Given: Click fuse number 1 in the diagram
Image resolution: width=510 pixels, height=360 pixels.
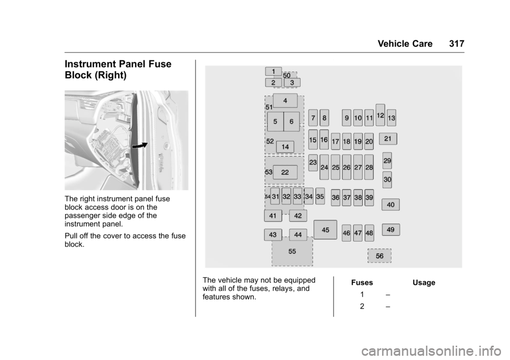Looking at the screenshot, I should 274,71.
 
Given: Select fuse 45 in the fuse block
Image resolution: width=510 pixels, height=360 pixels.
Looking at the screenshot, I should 325,230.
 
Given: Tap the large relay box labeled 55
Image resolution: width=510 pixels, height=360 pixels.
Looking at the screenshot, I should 292,252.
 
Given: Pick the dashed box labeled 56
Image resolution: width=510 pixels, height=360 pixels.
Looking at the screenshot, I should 379,256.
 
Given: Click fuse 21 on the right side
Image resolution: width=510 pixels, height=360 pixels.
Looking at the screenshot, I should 388,139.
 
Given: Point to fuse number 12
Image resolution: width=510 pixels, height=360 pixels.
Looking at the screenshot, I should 380,115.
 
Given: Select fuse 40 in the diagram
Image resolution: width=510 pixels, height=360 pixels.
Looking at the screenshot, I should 390,204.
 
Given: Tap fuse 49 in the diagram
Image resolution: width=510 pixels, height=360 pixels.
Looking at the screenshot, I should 390,229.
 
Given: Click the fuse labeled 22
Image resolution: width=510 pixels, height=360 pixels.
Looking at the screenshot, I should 285,172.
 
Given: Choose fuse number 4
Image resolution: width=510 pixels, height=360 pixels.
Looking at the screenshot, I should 285,100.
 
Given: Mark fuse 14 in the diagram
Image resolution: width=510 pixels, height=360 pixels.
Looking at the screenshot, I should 285,147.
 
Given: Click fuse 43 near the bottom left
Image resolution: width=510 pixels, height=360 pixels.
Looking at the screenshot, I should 273,234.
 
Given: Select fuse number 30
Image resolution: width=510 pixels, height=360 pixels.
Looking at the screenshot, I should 387,180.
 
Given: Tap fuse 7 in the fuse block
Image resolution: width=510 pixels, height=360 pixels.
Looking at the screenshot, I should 313,117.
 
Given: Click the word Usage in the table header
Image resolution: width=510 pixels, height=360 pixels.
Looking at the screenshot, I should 423,282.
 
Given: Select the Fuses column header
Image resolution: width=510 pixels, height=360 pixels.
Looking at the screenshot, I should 362,282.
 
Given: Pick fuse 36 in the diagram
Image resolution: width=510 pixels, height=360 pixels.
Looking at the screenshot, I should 335,197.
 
